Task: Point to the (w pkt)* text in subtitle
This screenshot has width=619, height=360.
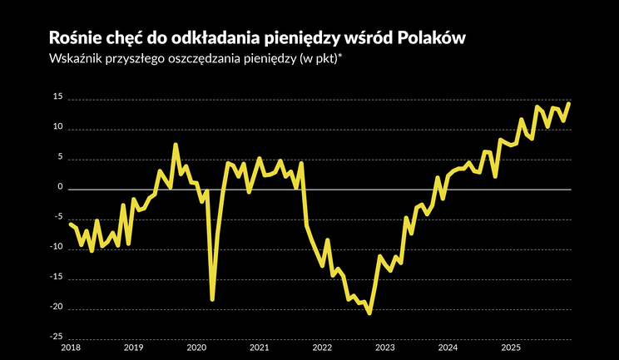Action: [x=328, y=60]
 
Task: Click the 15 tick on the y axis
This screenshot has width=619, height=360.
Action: [x=57, y=98]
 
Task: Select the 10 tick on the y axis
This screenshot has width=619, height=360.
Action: [x=57, y=128]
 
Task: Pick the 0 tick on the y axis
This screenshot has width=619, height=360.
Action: [x=60, y=188]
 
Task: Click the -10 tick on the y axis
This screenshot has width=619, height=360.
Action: [x=56, y=248]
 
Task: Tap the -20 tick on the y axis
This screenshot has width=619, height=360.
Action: [x=56, y=308]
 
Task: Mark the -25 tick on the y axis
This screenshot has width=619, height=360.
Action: [x=56, y=338]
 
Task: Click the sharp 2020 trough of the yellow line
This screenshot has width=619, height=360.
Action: [x=212, y=299]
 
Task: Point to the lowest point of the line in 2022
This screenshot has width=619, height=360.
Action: [x=369, y=313]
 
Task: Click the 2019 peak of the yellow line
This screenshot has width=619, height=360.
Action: [x=176, y=145]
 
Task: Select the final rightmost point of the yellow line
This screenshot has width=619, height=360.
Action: [x=569, y=103]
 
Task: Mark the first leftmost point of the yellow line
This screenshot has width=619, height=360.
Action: [x=70, y=223]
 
